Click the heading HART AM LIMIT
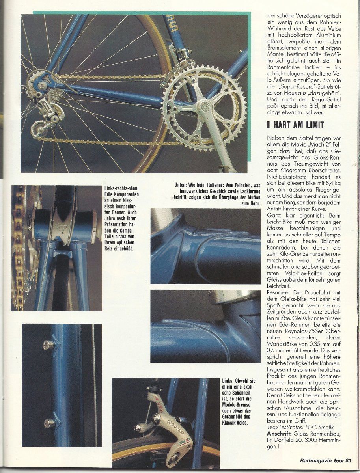point(298,125)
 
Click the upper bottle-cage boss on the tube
point(49,345)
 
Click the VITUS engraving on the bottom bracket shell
point(64,227)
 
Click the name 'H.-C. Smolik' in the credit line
point(325,427)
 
